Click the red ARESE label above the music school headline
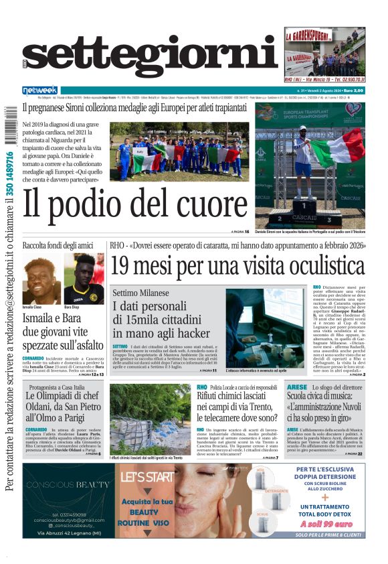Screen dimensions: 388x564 point(297,387)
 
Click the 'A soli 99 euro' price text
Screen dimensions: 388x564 point(326,524)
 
